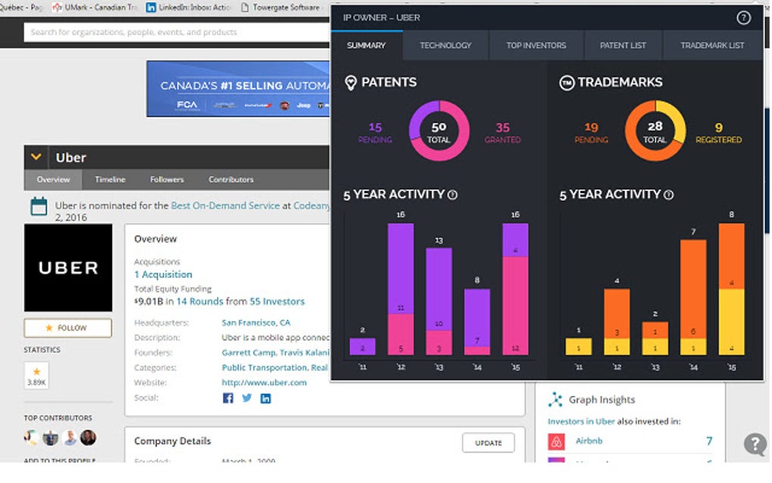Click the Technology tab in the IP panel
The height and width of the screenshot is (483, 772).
[x=445, y=45]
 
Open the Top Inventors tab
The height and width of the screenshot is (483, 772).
[x=536, y=45]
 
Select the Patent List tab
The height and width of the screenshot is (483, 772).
[x=623, y=45]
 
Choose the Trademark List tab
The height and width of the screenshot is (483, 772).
[x=711, y=45]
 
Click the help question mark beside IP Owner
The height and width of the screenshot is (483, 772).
[x=743, y=18]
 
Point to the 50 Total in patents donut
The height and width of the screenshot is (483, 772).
[x=439, y=132]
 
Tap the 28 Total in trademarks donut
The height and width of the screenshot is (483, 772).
[x=655, y=132]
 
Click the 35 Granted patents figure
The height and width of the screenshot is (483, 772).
[x=503, y=132]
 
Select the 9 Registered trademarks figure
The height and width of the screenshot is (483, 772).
[x=718, y=132]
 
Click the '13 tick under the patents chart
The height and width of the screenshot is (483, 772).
[x=438, y=367]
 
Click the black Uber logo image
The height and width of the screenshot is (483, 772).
[x=68, y=267]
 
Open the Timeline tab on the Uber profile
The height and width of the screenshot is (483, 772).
[x=110, y=179]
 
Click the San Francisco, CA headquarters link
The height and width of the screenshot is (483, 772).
[x=256, y=323]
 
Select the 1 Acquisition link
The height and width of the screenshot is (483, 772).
[x=163, y=274]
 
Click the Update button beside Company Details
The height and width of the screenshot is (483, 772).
[x=488, y=443]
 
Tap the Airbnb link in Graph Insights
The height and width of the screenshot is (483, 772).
[x=589, y=441]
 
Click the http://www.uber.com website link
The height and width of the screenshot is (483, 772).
[x=264, y=382]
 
